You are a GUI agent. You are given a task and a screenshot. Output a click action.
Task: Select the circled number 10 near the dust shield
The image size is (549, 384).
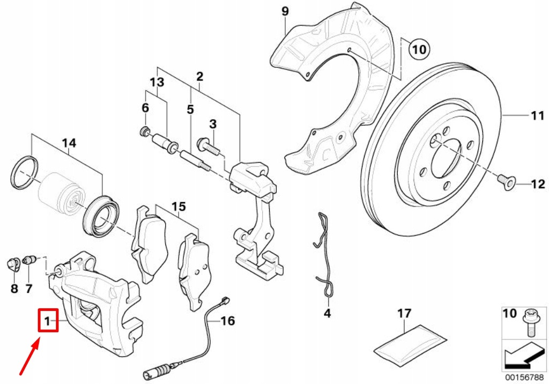click(419, 50)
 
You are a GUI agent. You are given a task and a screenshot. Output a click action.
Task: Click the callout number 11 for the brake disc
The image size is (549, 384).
click(537, 115)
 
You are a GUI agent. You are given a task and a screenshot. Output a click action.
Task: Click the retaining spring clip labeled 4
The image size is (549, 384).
click(323, 252)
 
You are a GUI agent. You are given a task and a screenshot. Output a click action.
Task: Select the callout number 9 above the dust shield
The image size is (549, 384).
click(285, 11)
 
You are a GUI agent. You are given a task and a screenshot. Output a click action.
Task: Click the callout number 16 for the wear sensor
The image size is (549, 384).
click(228, 321)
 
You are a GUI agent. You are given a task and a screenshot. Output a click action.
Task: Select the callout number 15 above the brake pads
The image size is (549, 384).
click(178, 206)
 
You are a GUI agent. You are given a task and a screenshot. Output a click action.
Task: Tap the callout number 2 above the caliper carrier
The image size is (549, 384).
click(199, 77)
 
